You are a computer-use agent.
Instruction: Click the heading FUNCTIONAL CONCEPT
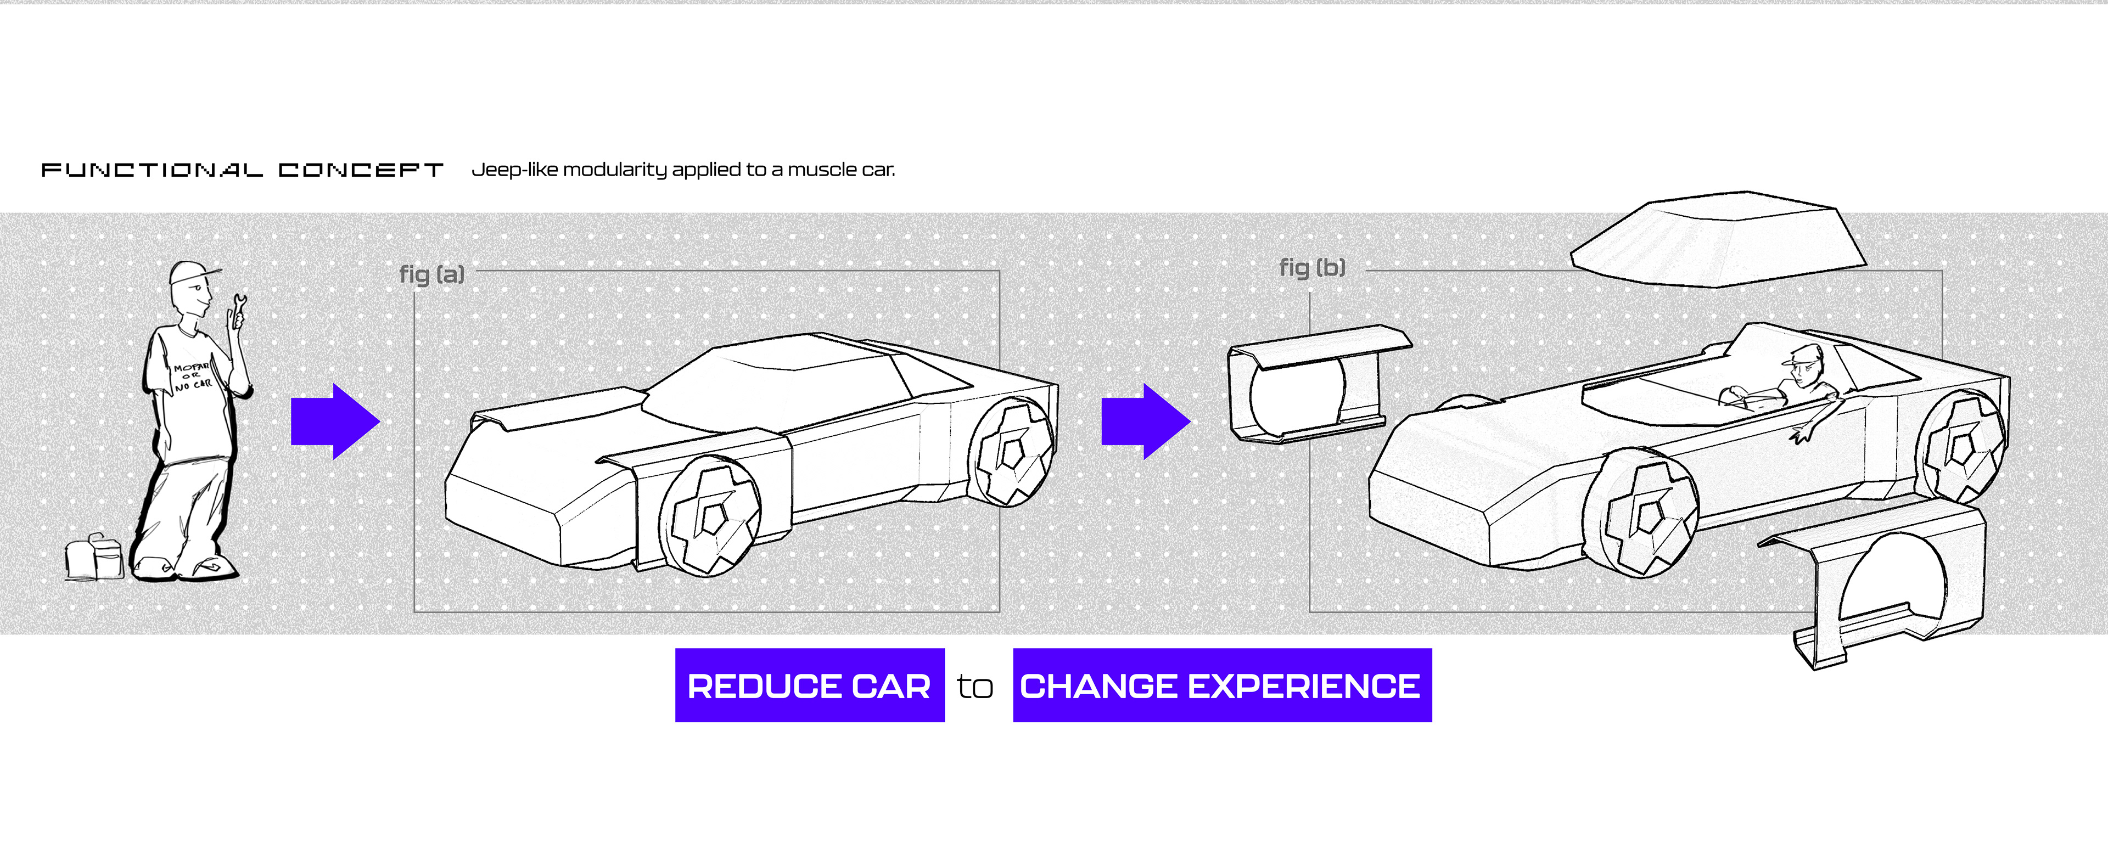pyautogui.click(x=242, y=170)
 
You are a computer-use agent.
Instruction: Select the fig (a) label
pyautogui.click(x=431, y=274)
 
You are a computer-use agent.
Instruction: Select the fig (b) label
pyautogui.click(x=1312, y=268)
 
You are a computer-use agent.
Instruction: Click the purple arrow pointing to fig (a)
pyautogui.click(x=335, y=421)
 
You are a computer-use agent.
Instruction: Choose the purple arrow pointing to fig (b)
pyautogui.click(x=1146, y=421)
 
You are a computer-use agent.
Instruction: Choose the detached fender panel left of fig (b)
pyautogui.click(x=1309, y=385)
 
